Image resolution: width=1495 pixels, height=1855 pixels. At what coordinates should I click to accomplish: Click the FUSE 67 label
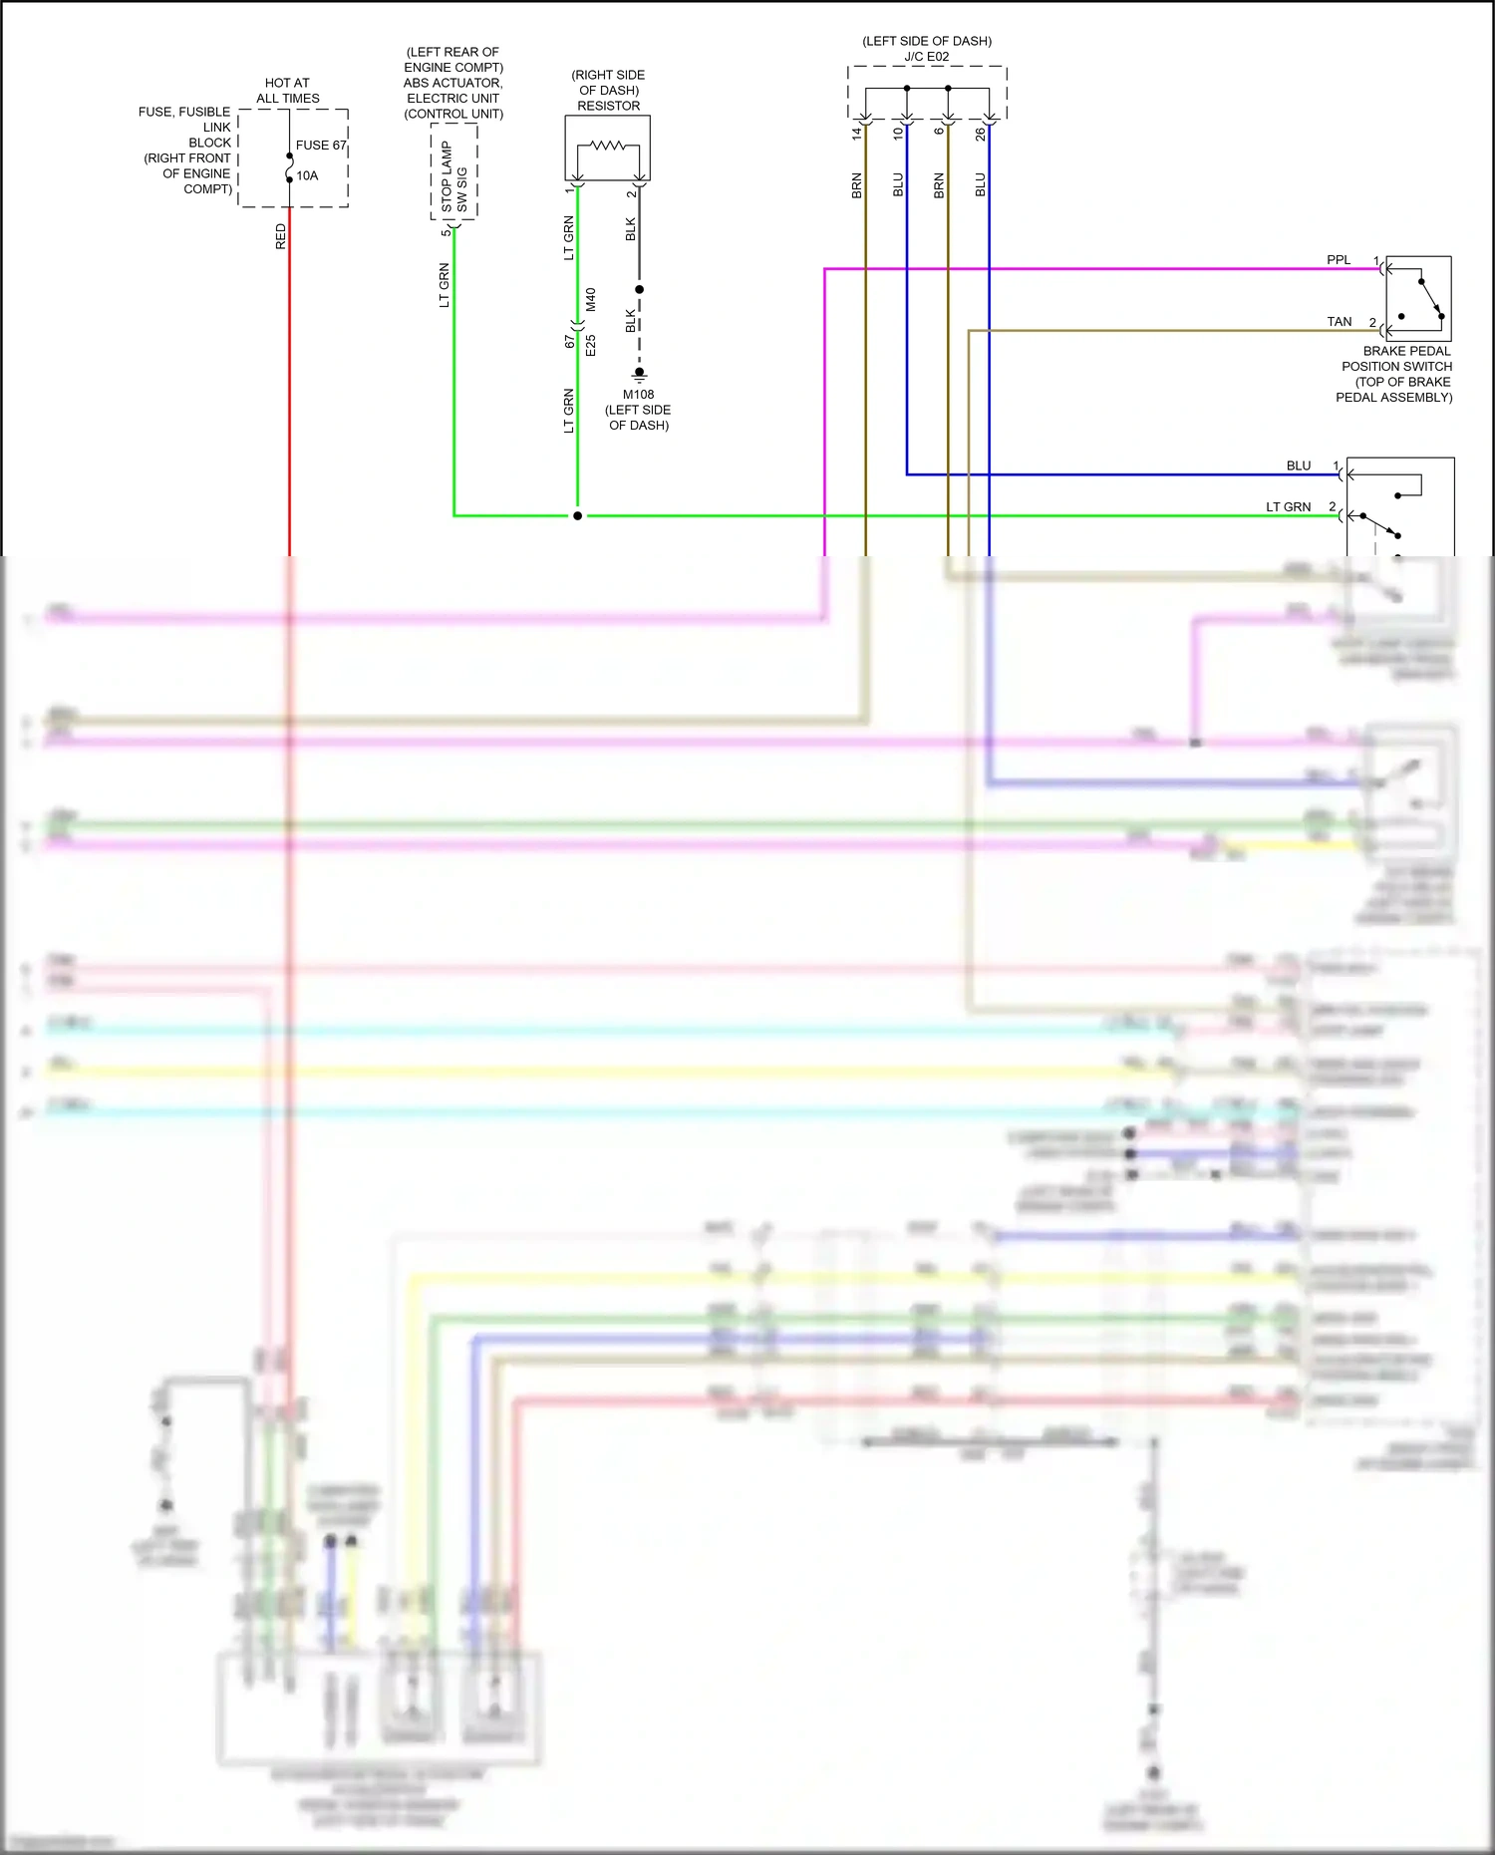point(320,145)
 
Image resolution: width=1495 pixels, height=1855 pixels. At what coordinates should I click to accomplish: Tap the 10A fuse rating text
point(307,175)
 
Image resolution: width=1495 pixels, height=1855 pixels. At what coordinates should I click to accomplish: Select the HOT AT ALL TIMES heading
point(287,91)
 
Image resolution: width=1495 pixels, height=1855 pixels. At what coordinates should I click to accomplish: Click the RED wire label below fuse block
point(280,236)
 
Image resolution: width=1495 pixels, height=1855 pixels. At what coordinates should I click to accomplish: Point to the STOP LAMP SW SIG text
point(453,175)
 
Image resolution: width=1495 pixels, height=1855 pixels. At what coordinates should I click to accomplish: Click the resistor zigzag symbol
point(608,146)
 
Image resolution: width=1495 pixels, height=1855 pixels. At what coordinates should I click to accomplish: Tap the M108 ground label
point(638,395)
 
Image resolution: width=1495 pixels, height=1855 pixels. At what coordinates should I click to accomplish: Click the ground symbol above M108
point(639,376)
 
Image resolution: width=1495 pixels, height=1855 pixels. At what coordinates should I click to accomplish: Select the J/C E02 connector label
point(926,57)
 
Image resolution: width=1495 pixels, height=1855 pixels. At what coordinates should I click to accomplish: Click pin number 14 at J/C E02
point(856,133)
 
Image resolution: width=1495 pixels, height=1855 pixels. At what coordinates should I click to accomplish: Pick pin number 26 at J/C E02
point(980,133)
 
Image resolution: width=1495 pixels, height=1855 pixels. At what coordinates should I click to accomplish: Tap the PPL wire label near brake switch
point(1338,260)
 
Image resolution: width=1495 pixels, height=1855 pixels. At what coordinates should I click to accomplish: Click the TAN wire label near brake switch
point(1339,322)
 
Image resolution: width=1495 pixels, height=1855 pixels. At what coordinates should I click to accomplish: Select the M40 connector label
point(591,300)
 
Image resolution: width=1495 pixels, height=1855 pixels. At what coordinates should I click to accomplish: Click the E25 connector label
point(591,346)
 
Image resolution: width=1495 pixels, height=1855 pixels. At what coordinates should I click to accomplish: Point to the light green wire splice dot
point(577,515)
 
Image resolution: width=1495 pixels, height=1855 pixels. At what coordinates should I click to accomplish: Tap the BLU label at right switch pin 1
point(1298,465)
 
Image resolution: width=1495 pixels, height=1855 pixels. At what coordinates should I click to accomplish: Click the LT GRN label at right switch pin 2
point(1288,507)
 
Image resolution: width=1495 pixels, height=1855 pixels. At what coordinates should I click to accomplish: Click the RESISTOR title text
point(608,106)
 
